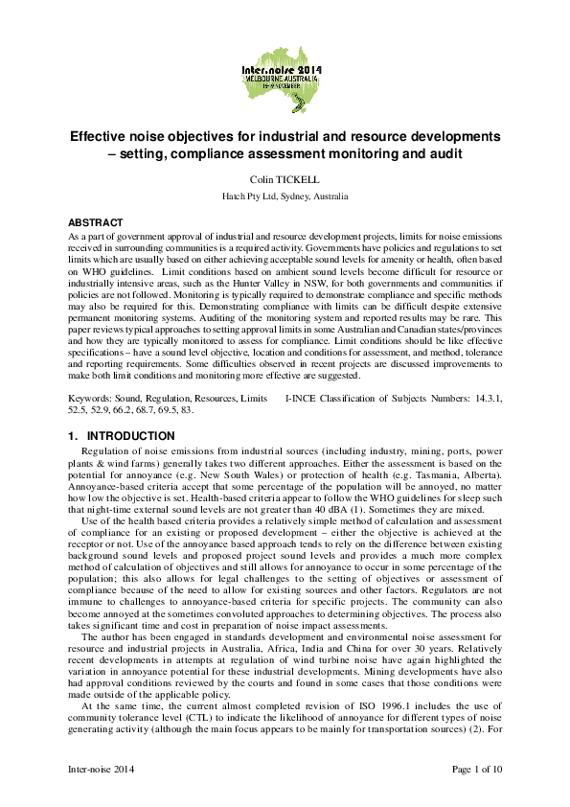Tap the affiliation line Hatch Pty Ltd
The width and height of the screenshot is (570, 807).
[285, 196]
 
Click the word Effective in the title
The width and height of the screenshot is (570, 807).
[104, 135]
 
